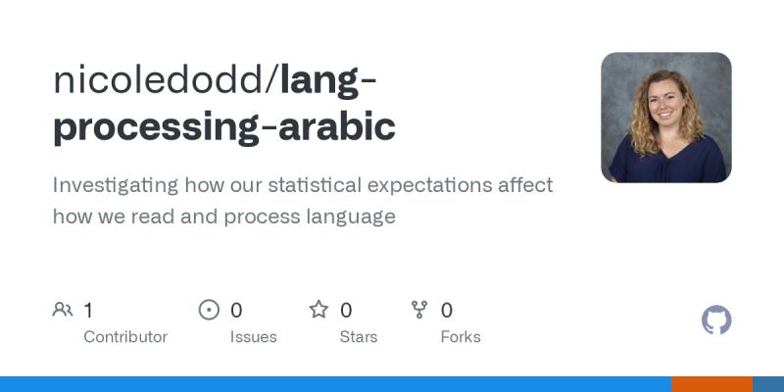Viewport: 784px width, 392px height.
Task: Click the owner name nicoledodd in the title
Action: pyautogui.click(x=161, y=80)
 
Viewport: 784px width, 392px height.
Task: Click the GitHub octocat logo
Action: pyautogui.click(x=717, y=320)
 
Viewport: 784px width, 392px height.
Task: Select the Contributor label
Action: pyautogui.click(x=125, y=337)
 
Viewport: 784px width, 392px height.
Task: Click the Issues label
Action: pyautogui.click(x=253, y=337)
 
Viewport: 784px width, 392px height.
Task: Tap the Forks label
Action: pyautogui.click(x=461, y=337)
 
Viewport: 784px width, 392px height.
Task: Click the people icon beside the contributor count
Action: pyautogui.click(x=63, y=311)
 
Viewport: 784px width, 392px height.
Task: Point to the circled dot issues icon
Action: pyautogui.click(x=209, y=311)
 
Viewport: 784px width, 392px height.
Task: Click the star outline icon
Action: pyautogui.click(x=318, y=311)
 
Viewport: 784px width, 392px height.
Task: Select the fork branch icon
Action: pyautogui.click(x=419, y=311)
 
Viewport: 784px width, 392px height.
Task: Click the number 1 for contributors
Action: pyautogui.click(x=88, y=311)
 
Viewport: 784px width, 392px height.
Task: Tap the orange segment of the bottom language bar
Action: pyautogui.click(x=711, y=384)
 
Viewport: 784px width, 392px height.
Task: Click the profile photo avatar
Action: pyautogui.click(x=666, y=118)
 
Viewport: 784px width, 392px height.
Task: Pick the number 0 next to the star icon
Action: pyautogui.click(x=346, y=311)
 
